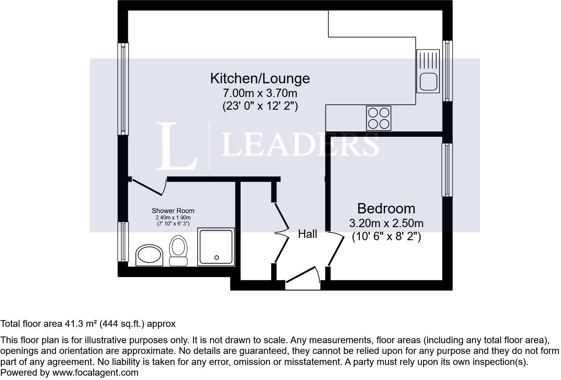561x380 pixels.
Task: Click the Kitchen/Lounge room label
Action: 260,78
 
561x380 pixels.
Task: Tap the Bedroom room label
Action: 386,208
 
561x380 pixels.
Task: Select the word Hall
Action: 308,234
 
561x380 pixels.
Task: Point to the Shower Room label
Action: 173,211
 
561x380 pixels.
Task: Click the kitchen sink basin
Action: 428,82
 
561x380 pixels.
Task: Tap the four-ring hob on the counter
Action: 379,118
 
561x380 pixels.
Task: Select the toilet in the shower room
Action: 178,251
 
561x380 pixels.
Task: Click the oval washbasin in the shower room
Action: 149,255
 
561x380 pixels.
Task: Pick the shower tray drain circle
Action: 217,258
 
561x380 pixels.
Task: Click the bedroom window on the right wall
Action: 447,170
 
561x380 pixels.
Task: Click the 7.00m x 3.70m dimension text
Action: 260,93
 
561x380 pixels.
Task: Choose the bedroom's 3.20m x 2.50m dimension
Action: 386,223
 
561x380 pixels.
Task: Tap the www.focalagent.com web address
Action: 95,373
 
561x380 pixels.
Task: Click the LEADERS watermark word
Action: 300,145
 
